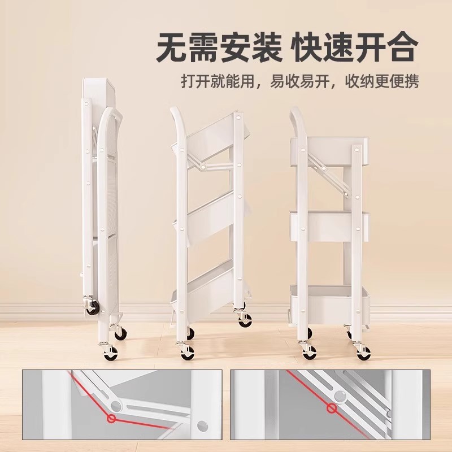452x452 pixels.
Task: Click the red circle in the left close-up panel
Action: click(x=112, y=419)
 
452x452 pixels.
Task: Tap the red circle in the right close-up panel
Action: click(x=332, y=407)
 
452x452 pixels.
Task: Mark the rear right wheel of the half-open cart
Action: click(x=245, y=320)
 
